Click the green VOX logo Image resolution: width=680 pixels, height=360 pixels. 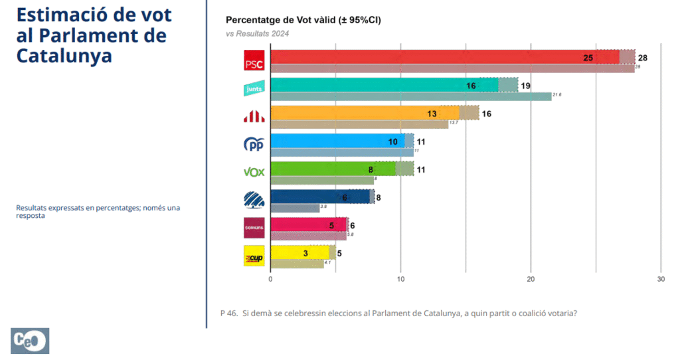click(x=254, y=172)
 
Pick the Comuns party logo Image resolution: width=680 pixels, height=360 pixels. click(x=254, y=228)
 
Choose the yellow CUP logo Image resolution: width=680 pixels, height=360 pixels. click(x=254, y=256)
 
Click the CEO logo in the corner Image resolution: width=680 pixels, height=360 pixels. click(x=30, y=341)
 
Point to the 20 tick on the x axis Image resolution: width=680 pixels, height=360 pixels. click(x=531, y=279)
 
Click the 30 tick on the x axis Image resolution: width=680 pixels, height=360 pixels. click(x=660, y=279)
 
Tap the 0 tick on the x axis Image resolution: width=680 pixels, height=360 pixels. click(x=270, y=279)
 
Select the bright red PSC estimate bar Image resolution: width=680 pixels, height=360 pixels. click(x=432, y=57)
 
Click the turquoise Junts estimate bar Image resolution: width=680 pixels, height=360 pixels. click(x=372, y=85)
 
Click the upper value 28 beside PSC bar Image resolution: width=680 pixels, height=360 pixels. click(x=642, y=58)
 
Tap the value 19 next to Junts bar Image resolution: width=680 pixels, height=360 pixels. click(x=525, y=86)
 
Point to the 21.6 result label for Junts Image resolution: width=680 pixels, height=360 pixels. click(x=557, y=96)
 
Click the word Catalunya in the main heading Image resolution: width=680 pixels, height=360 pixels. click(x=64, y=56)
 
